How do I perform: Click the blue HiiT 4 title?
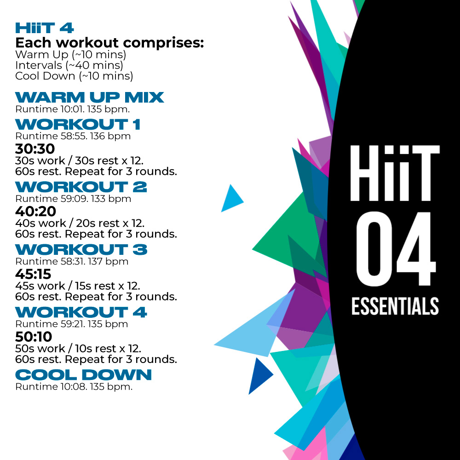44,28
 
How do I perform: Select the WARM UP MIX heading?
90,98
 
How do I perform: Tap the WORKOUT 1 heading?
78,124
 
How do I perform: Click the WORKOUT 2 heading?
81,187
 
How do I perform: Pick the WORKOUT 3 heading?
81,250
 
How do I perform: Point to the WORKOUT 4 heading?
81,312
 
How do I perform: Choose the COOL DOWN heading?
83,375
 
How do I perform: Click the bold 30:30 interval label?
35,149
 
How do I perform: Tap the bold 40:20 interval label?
35,211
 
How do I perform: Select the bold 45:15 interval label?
33,274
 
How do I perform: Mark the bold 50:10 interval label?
34,337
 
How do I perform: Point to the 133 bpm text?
111,199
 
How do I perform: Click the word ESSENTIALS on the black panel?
395,306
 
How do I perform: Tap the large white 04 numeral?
396,249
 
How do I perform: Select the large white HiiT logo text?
395,173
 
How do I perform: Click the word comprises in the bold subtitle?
163,43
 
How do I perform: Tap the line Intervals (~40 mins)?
69,65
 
